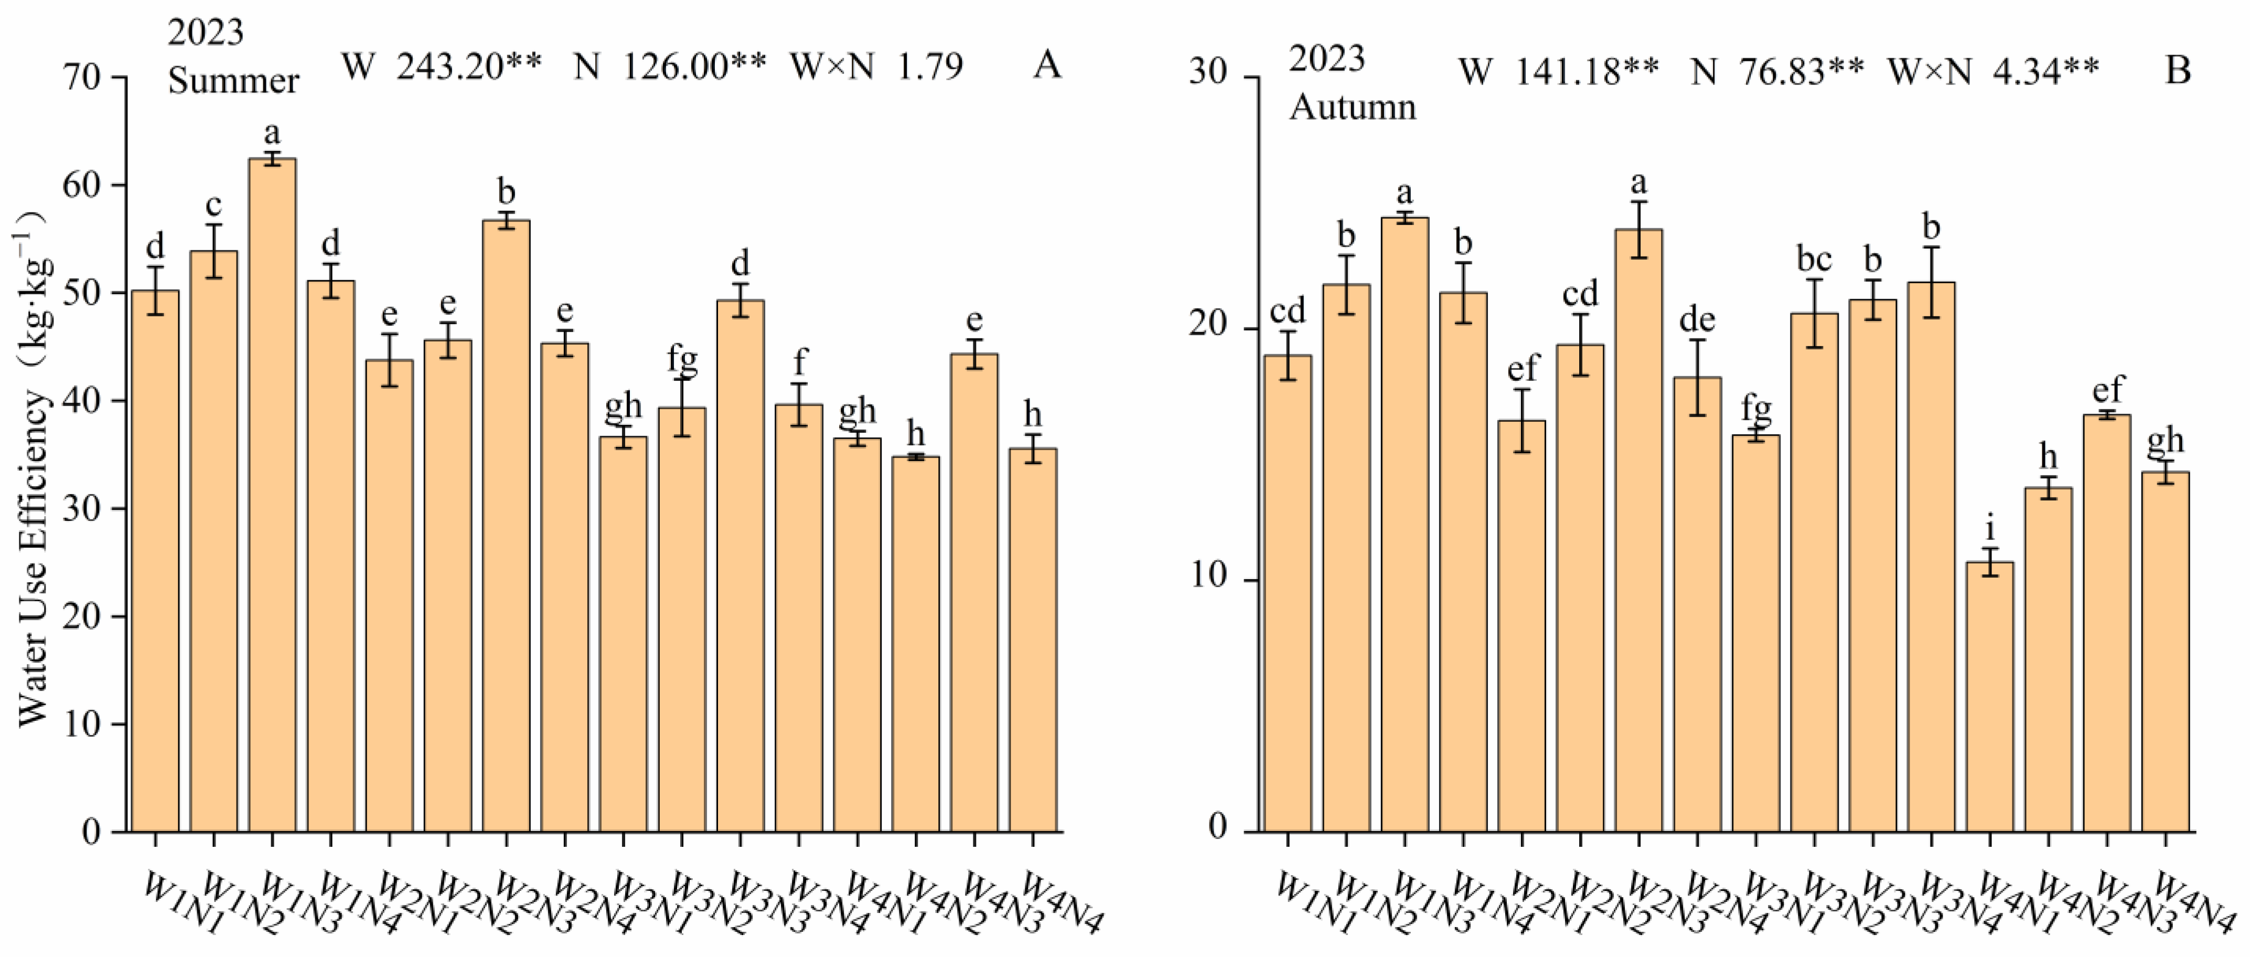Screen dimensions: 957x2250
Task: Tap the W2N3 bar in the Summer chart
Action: point(506,524)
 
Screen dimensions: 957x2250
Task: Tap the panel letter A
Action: point(1046,65)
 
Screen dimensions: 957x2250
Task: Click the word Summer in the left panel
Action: point(233,81)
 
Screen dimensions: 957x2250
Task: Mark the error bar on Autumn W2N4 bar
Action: point(1697,378)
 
